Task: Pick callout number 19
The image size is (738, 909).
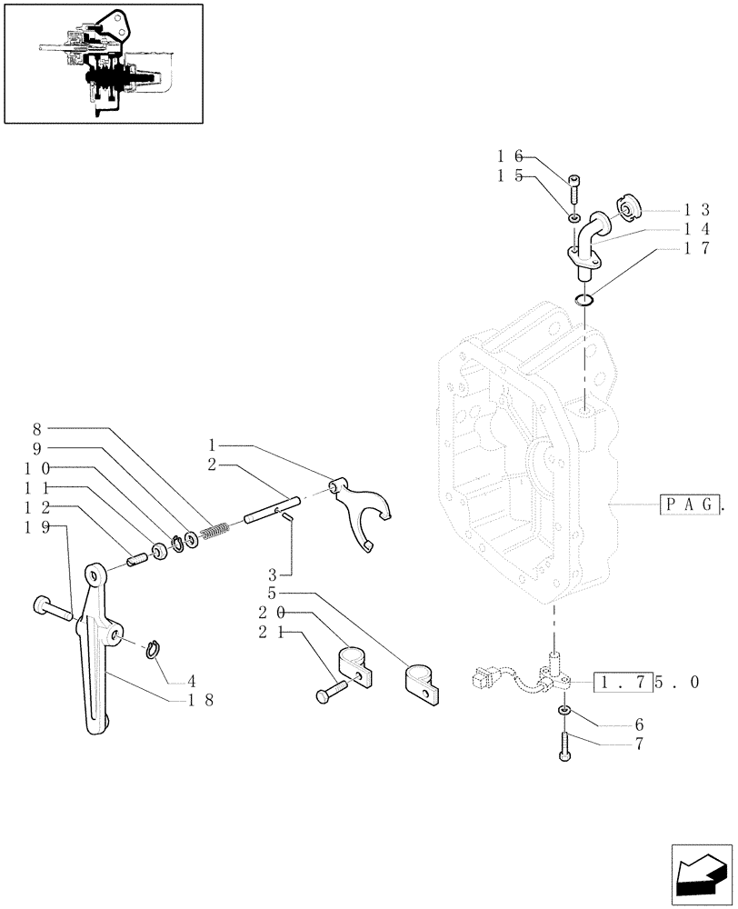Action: (38, 527)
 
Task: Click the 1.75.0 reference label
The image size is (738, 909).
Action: (647, 682)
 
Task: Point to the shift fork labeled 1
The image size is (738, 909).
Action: (364, 514)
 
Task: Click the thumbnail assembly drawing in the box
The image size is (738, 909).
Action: (103, 63)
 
